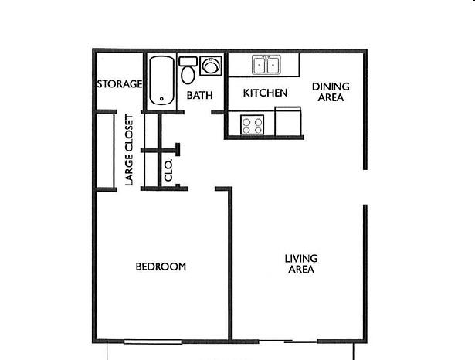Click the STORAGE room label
(x=120, y=83)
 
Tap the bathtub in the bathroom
(x=161, y=80)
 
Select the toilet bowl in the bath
(x=188, y=75)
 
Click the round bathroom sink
(x=211, y=66)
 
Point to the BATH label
(x=199, y=95)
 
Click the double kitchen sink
(x=266, y=65)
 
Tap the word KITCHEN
(x=265, y=93)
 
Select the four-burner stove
(x=252, y=124)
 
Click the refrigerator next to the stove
(x=288, y=121)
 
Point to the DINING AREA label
(x=331, y=92)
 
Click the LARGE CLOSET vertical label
(x=129, y=150)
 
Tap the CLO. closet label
(x=168, y=170)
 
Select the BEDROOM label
(x=161, y=267)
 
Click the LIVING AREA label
(x=301, y=263)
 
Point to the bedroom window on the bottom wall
(x=153, y=341)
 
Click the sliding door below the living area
(x=288, y=341)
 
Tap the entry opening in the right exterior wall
(x=365, y=187)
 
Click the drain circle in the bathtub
(x=161, y=99)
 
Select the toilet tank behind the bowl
(x=188, y=62)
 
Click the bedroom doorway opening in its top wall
(x=202, y=188)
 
